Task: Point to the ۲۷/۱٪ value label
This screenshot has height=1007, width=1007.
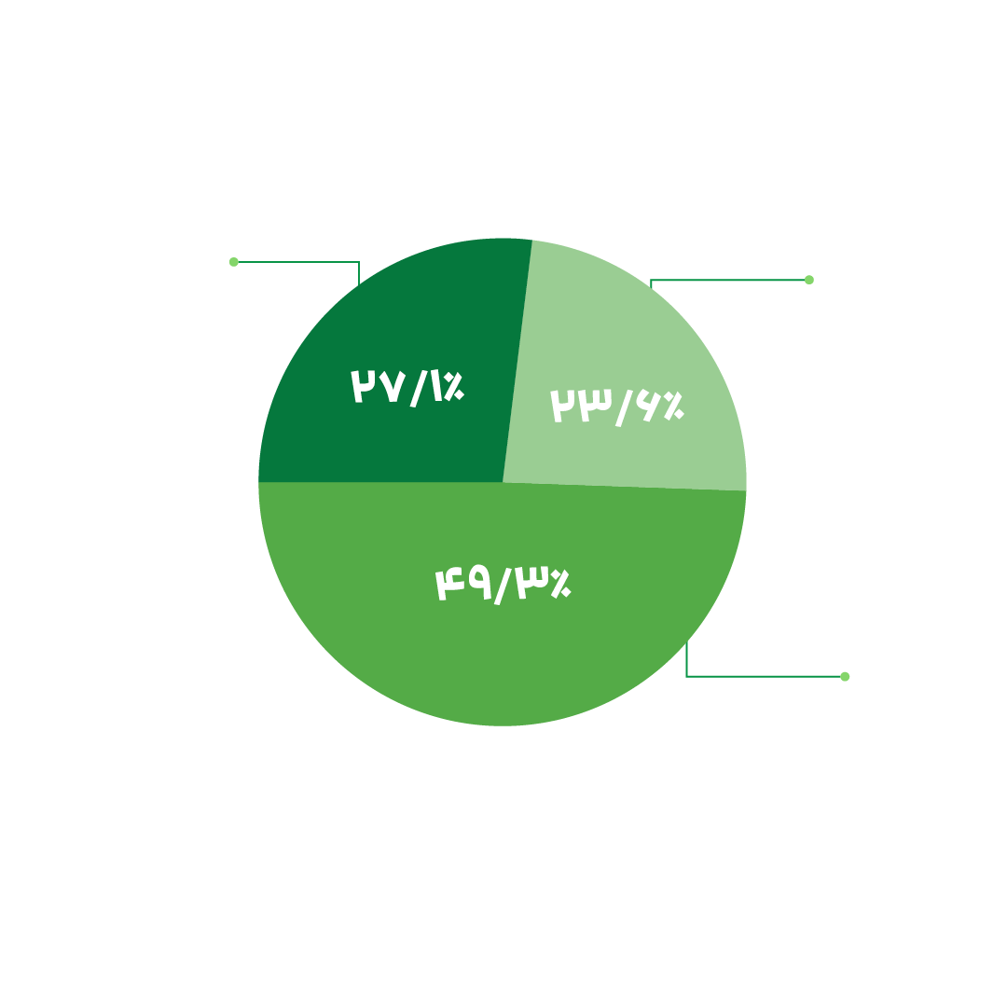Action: (x=407, y=388)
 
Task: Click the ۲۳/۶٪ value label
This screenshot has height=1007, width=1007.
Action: (x=617, y=407)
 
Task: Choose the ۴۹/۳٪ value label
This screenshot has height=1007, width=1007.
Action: (x=504, y=586)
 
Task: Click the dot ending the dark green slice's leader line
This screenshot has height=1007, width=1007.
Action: (x=234, y=262)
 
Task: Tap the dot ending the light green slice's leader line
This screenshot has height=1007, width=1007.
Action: (x=809, y=280)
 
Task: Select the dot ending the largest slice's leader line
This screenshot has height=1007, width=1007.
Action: (x=845, y=677)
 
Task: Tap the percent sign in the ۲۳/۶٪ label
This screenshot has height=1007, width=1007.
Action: (x=674, y=406)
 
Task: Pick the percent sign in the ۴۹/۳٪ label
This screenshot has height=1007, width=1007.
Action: (x=561, y=584)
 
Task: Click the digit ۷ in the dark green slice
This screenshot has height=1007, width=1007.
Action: (x=393, y=387)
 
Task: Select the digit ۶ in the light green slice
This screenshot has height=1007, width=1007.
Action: (x=648, y=406)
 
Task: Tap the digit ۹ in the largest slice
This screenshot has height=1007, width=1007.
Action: (x=480, y=582)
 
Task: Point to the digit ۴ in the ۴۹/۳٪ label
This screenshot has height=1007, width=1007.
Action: (x=449, y=584)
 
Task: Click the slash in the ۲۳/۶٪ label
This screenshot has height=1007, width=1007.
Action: (x=624, y=408)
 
